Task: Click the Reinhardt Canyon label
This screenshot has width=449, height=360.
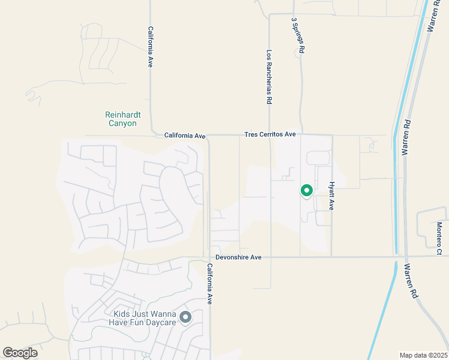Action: click(121, 119)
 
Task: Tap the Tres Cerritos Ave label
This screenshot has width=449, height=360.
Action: click(270, 134)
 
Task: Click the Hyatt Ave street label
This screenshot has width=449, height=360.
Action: click(331, 196)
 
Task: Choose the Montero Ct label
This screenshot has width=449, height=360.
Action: click(439, 239)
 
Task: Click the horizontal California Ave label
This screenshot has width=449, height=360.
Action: click(185, 136)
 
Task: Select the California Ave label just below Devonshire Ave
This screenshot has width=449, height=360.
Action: click(209, 284)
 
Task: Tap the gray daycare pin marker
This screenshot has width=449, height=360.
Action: click(186, 317)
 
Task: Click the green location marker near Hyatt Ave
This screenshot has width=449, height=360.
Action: click(307, 191)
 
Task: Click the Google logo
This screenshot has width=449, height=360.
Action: click(20, 353)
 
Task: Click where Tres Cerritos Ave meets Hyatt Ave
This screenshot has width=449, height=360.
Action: click(331, 135)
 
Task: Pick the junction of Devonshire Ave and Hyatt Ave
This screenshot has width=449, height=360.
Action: click(331, 257)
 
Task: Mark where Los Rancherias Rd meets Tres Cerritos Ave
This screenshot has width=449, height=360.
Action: click(270, 135)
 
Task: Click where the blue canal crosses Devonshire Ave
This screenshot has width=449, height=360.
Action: click(396, 257)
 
